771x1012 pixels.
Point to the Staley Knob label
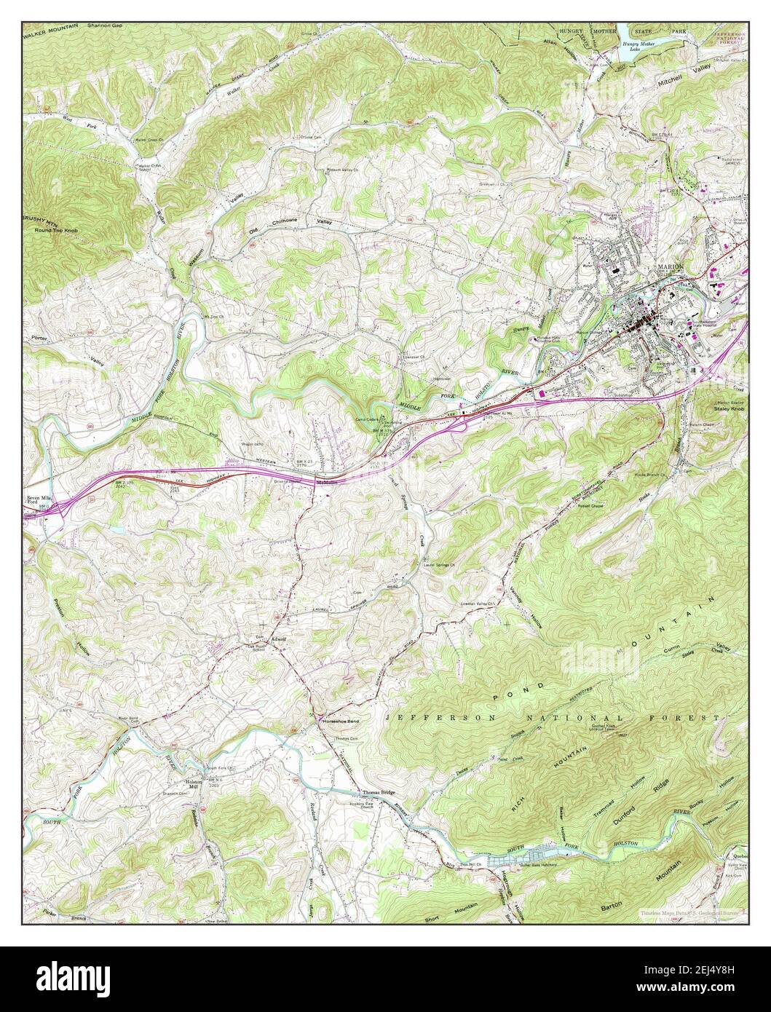(x=731, y=411)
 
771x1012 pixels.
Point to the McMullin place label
(x=325, y=481)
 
